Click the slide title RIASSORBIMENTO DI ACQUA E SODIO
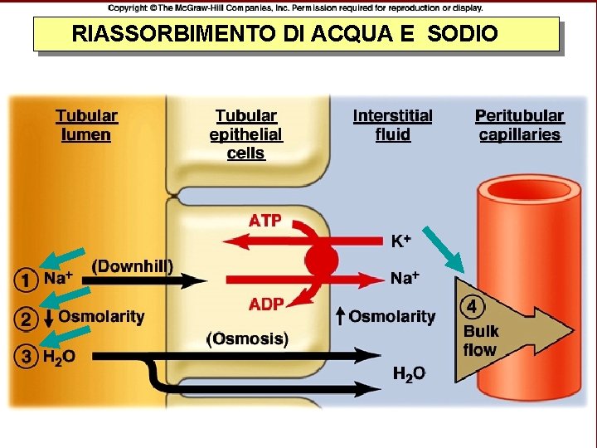(x=285, y=34)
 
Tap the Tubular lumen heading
(x=86, y=125)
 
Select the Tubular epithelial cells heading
(x=245, y=134)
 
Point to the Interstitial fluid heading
(x=392, y=125)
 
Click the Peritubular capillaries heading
(x=519, y=125)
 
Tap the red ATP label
(x=265, y=221)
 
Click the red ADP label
(x=266, y=304)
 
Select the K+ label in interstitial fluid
(x=401, y=241)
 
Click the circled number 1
(x=26, y=280)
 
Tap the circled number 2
(x=26, y=318)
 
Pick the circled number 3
(x=26, y=356)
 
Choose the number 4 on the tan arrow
(x=472, y=306)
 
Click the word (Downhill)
(x=132, y=266)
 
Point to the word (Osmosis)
(x=247, y=338)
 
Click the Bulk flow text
(x=481, y=340)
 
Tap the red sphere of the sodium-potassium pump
(x=322, y=261)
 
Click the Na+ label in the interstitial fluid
(x=405, y=278)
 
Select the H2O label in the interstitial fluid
(x=409, y=374)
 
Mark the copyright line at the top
(x=295, y=7)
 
